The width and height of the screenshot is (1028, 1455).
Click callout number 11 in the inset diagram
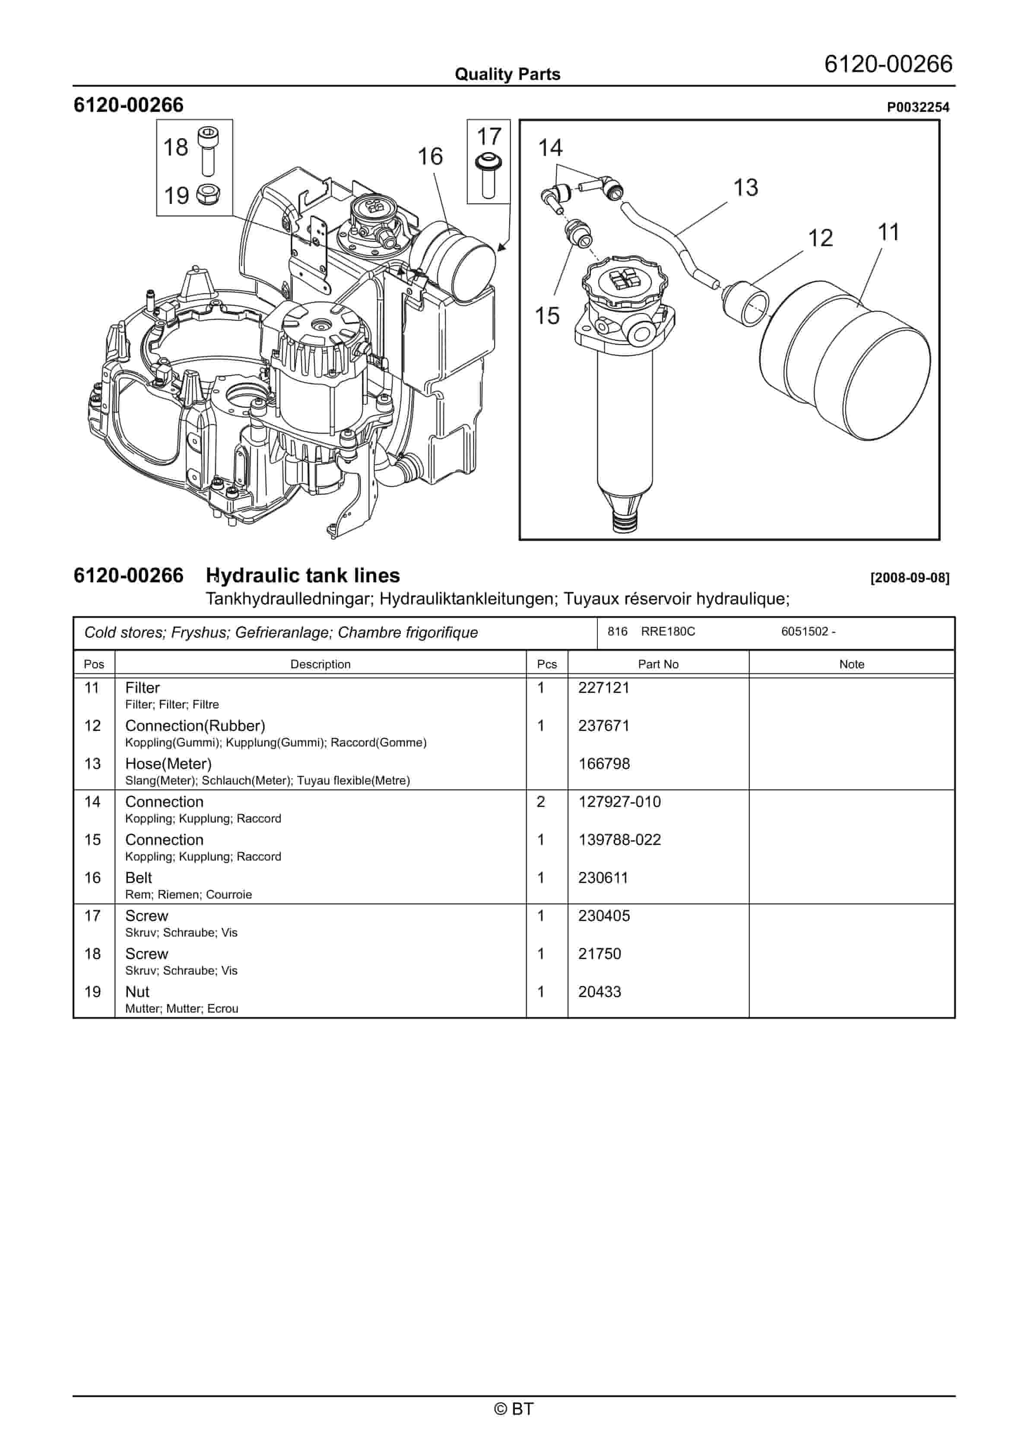tap(888, 232)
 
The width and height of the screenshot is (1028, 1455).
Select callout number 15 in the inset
tap(547, 316)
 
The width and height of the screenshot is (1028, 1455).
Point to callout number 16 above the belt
tap(430, 156)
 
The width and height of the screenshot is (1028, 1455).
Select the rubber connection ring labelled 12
tap(746, 304)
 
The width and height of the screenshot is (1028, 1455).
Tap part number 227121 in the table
tap(603, 688)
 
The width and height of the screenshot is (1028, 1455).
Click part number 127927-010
tap(619, 802)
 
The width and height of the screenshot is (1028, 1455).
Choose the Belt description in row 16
tap(138, 878)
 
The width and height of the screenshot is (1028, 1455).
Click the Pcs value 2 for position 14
tap(541, 802)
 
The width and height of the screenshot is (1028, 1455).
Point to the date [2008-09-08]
tap(910, 578)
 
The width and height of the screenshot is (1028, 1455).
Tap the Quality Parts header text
tap(507, 74)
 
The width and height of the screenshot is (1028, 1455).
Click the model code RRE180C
tap(667, 632)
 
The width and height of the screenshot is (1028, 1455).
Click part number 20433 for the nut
tap(599, 992)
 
